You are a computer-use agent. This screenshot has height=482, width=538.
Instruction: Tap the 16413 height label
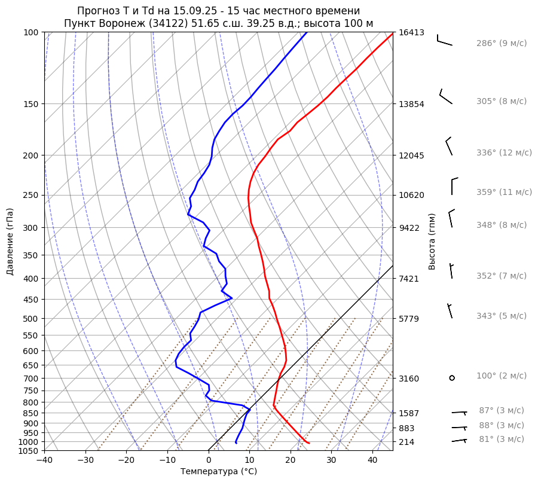click(411, 32)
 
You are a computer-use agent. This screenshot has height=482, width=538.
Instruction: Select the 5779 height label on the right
click(411, 319)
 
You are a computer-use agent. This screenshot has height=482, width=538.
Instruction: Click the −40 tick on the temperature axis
click(44, 460)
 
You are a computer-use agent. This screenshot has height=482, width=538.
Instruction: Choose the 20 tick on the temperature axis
click(290, 460)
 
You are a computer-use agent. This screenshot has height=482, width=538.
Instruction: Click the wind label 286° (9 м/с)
click(501, 44)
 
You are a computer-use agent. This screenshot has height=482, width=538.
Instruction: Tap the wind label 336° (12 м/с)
click(503, 153)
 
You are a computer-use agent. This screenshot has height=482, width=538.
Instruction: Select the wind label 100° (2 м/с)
click(501, 376)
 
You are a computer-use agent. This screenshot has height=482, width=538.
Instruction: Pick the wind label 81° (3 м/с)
click(501, 440)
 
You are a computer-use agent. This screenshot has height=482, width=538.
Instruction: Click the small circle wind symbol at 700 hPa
click(452, 378)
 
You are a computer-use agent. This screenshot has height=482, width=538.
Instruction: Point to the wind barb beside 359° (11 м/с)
click(453, 186)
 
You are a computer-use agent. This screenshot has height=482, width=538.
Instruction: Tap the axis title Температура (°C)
click(219, 472)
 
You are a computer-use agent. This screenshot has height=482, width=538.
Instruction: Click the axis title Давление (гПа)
click(10, 242)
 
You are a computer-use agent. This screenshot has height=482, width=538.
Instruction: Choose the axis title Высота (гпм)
click(432, 241)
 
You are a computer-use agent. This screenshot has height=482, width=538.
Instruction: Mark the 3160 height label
click(411, 379)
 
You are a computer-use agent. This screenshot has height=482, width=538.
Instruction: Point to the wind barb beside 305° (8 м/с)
click(445, 97)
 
